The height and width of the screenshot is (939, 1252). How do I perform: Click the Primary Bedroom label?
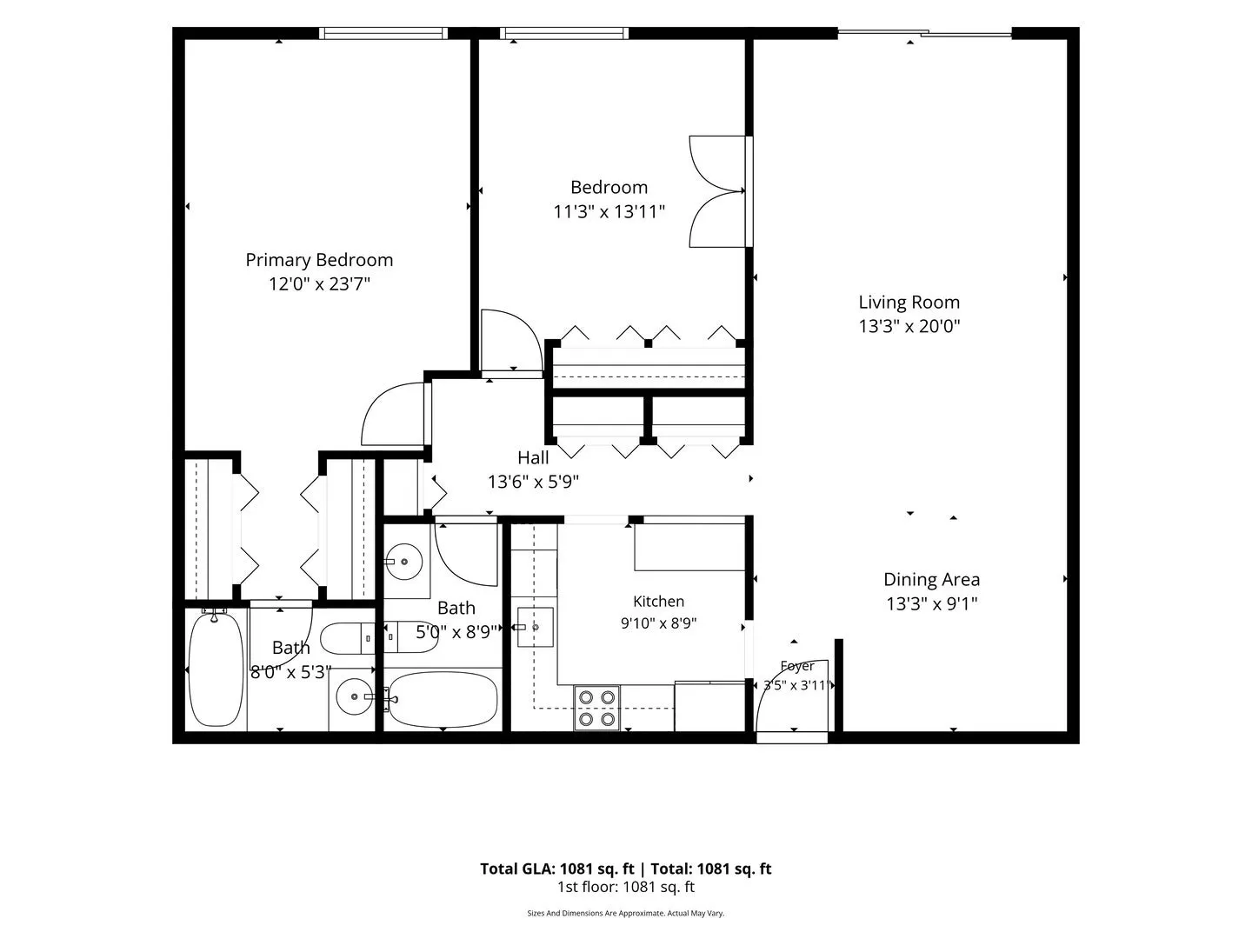coord(319,260)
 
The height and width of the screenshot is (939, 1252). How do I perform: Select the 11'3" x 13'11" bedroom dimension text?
coord(609,212)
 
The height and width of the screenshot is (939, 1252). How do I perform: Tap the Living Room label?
coord(909,303)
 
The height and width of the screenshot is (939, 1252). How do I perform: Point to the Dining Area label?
coord(931,579)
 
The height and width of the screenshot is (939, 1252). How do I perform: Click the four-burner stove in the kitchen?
coord(596,708)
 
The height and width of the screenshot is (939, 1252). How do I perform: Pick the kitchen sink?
coord(535,627)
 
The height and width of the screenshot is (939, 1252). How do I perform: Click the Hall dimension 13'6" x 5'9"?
coord(533,483)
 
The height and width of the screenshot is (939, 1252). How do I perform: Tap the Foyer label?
coord(796,665)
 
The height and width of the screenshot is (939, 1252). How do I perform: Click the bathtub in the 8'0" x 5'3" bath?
coord(216,669)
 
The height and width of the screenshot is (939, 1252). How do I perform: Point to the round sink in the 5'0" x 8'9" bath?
coord(403,562)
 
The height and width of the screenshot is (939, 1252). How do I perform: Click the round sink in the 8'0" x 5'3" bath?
coord(354,696)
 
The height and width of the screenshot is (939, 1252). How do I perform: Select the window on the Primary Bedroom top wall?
coord(383,33)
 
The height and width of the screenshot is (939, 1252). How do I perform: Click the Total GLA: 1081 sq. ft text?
coord(556,869)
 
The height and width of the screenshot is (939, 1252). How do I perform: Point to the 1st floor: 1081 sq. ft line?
coord(626,887)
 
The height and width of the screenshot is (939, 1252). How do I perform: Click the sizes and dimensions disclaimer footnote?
coord(626,913)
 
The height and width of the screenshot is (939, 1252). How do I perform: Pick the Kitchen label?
coord(659,601)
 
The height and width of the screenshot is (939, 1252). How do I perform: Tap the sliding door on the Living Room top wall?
coord(924,33)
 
